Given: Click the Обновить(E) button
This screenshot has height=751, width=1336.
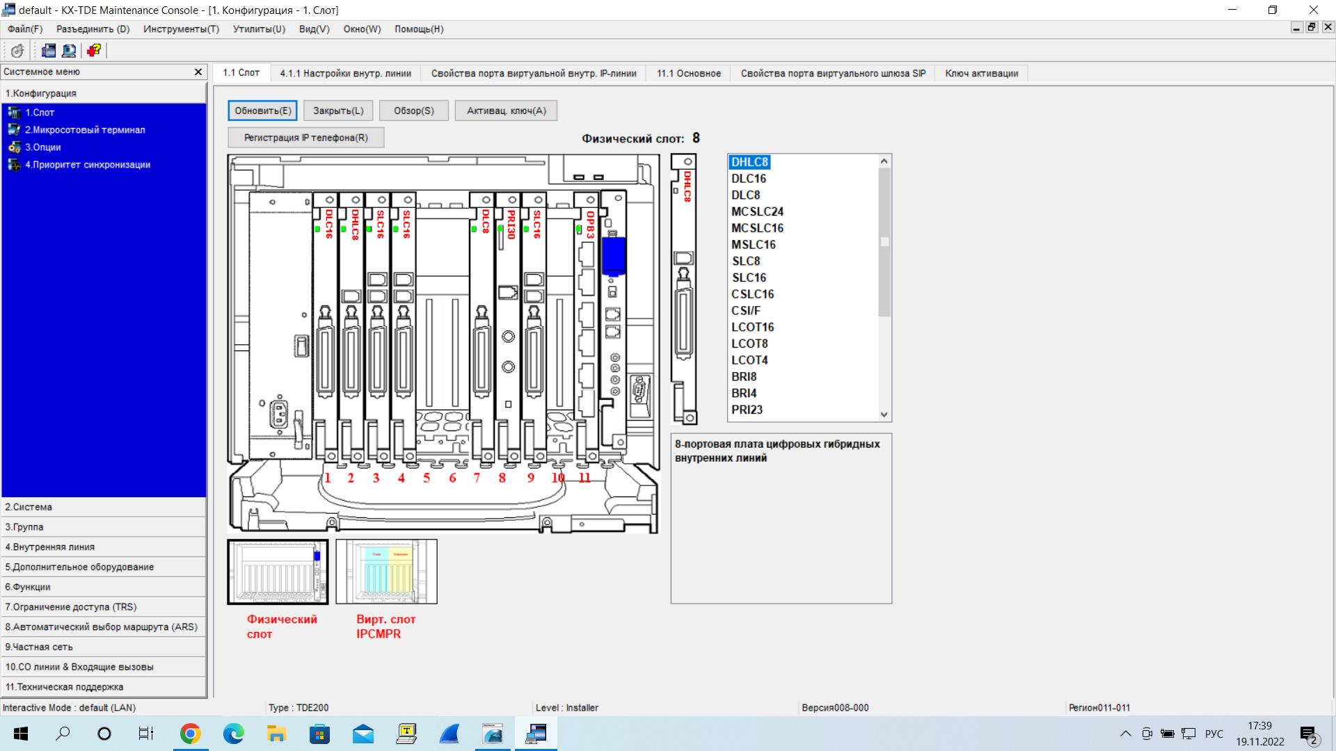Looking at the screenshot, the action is pyautogui.click(x=262, y=111).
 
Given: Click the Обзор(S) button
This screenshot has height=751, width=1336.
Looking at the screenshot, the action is pyautogui.click(x=413, y=111).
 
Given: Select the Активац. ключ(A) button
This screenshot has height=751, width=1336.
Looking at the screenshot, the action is pyautogui.click(x=506, y=111).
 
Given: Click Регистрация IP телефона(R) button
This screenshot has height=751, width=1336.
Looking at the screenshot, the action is pyautogui.click(x=305, y=138).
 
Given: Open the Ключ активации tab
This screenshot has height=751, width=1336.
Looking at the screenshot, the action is pyautogui.click(x=981, y=73).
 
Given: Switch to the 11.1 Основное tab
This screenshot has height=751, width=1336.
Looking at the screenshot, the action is pyautogui.click(x=688, y=73).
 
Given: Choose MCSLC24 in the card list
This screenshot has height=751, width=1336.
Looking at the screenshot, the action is pyautogui.click(x=757, y=211).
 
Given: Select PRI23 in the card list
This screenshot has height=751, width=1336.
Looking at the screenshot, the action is pyautogui.click(x=747, y=410).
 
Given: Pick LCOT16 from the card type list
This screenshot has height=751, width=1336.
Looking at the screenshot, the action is pyautogui.click(x=752, y=327).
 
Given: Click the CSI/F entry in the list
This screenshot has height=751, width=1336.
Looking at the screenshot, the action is pyautogui.click(x=746, y=311).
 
